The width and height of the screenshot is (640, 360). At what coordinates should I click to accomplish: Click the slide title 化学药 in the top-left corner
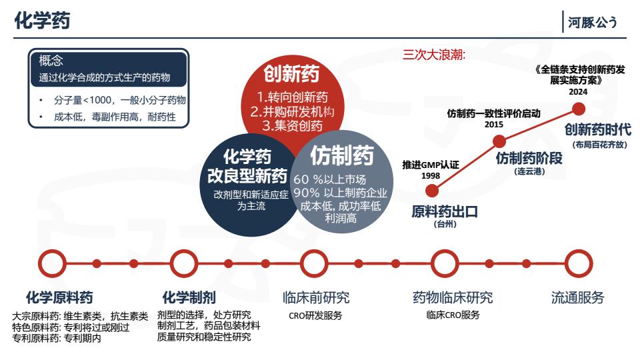(x=42, y=20)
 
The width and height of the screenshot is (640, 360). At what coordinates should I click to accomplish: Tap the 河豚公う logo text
(x=592, y=23)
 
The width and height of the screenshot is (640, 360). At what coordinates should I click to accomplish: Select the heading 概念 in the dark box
(x=51, y=61)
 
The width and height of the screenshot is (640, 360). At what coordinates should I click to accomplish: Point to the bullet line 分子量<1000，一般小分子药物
(x=119, y=100)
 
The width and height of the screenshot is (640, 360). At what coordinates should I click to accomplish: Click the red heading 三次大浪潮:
(x=434, y=54)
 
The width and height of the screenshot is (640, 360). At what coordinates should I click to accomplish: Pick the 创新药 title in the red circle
(x=291, y=74)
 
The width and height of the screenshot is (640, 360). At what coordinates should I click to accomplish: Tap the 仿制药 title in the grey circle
(x=342, y=155)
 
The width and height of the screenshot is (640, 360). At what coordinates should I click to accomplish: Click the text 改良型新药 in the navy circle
(x=247, y=176)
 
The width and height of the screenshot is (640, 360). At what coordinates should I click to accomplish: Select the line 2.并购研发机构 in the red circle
(x=292, y=111)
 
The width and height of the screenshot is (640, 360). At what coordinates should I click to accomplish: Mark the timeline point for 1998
(x=432, y=191)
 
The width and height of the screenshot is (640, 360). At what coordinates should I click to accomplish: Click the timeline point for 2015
(x=499, y=141)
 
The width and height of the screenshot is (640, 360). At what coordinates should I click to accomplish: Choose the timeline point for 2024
(x=579, y=109)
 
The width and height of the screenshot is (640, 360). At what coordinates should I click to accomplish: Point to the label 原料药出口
(x=445, y=212)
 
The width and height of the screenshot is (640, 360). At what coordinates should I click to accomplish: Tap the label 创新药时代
(x=598, y=130)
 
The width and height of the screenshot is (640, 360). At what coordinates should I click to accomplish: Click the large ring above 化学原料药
(x=52, y=264)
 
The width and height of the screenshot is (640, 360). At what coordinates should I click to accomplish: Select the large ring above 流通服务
(x=579, y=264)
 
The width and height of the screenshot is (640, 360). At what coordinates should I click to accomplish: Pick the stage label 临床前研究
(x=316, y=297)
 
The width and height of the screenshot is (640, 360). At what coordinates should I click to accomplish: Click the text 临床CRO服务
(x=453, y=315)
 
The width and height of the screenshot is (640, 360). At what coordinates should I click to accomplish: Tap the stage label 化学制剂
(x=189, y=297)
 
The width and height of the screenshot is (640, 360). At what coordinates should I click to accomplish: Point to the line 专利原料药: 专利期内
(x=56, y=339)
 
